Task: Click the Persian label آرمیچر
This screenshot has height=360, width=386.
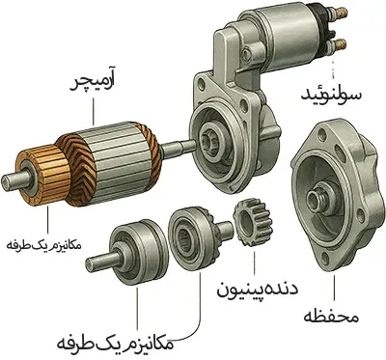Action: (94, 84)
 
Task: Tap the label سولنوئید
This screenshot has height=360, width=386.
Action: (331, 94)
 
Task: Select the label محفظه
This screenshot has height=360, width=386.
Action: (331, 317)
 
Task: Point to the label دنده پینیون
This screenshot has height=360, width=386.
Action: (258, 290)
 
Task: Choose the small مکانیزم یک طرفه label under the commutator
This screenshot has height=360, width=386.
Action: (44, 245)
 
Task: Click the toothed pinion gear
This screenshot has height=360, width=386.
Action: (253, 223)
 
